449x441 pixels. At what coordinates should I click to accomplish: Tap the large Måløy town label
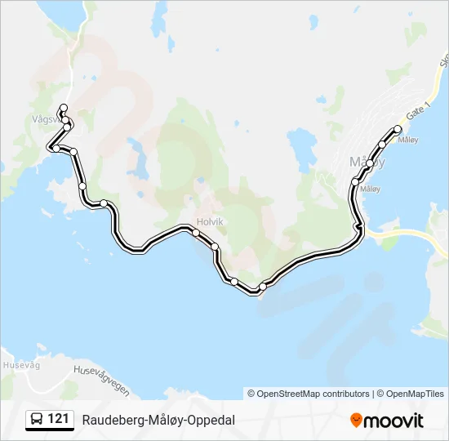click(367, 161)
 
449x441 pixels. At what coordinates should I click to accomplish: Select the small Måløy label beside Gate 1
click(407, 140)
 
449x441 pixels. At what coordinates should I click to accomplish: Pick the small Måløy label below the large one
click(370, 189)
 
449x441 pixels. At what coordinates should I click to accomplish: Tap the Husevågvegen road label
click(101, 380)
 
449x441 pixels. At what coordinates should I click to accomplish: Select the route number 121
click(58, 419)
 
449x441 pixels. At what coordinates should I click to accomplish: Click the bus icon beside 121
click(37, 420)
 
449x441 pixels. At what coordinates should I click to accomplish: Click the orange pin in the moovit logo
click(356, 420)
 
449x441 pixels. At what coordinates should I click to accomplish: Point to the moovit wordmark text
click(393, 421)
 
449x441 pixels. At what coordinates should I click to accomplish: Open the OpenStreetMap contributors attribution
click(309, 394)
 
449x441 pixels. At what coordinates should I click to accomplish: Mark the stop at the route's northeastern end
click(398, 129)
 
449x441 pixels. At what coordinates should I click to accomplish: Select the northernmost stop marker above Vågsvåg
click(64, 108)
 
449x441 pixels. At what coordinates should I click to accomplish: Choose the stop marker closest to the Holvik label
click(196, 233)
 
